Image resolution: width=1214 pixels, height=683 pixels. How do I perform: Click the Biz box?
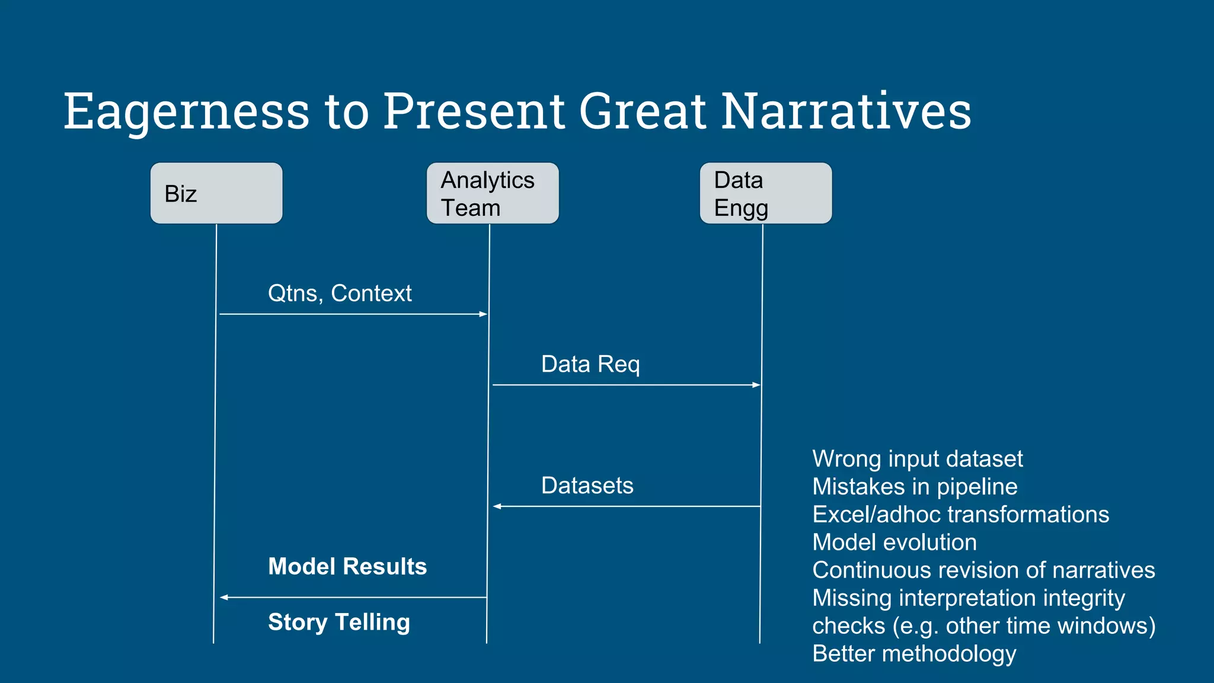(216, 193)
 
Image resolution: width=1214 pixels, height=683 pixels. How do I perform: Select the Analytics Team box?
(493, 193)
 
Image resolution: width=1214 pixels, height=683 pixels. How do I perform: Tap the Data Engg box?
(766, 193)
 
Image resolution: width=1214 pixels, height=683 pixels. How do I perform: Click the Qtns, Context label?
(340, 293)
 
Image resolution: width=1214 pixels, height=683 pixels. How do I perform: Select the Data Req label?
(590, 364)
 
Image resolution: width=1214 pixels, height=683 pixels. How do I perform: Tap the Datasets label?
(587, 486)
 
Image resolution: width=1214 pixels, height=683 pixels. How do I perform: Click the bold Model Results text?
(347, 566)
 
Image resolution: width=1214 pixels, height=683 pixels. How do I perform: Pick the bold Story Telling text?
(339, 622)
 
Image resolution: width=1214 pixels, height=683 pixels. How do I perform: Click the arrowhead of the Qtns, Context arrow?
(483, 314)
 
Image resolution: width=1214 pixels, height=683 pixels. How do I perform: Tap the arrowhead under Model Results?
(224, 598)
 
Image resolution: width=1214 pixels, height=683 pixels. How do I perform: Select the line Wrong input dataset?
(917, 459)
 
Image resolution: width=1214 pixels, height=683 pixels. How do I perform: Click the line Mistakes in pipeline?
(915, 487)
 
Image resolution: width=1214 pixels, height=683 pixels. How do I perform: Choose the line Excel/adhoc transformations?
(960, 515)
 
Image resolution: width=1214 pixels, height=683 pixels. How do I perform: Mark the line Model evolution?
(894, 542)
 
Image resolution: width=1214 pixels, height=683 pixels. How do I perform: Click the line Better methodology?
(914, 653)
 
